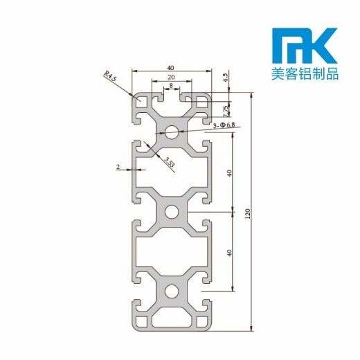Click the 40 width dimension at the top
pyautogui.click(x=170, y=67)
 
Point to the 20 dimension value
pyautogui.click(x=170, y=78)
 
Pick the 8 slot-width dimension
pyautogui.click(x=170, y=87)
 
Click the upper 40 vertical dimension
pyautogui.click(x=231, y=172)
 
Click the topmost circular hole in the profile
pyautogui.click(x=170, y=131)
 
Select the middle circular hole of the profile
pyautogui.click(x=170, y=211)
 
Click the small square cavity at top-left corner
pyautogui.click(x=143, y=101)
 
